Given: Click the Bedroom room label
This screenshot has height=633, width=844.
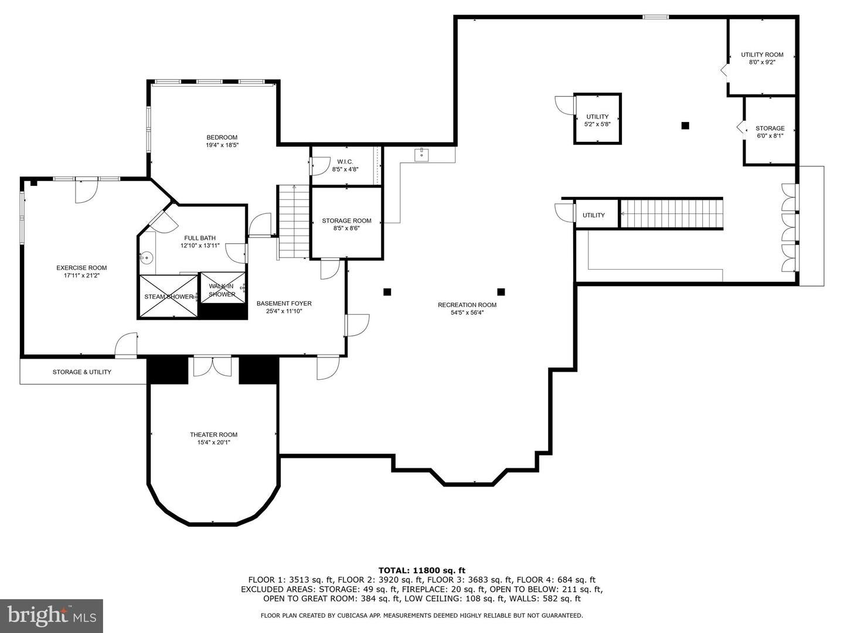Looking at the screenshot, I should pyautogui.click(x=222, y=138).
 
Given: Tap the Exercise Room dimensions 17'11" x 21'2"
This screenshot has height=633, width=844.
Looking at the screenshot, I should pyautogui.click(x=81, y=275).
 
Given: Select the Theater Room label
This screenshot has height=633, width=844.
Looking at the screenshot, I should pyautogui.click(x=213, y=435).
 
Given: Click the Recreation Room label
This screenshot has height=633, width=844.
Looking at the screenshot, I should pyautogui.click(x=467, y=305).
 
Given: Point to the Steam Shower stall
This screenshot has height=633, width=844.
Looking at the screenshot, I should pyautogui.click(x=168, y=297).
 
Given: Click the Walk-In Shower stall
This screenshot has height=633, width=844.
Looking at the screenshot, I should pyautogui.click(x=223, y=288).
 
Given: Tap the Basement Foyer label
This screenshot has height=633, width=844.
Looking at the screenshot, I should pyautogui.click(x=284, y=304).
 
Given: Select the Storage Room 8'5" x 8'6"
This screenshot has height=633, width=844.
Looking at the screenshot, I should pyautogui.click(x=346, y=224).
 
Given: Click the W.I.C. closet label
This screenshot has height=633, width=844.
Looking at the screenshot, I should pyautogui.click(x=345, y=162).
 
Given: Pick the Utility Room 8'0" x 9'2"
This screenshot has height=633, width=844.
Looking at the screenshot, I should pyautogui.click(x=761, y=58).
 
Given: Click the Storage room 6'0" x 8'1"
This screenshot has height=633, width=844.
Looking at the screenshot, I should pyautogui.click(x=770, y=132).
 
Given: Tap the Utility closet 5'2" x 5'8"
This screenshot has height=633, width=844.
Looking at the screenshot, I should pyautogui.click(x=597, y=120).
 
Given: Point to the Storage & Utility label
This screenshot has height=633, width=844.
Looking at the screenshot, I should pyautogui.click(x=82, y=372).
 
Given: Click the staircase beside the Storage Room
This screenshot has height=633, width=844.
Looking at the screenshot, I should pyautogui.click(x=293, y=222).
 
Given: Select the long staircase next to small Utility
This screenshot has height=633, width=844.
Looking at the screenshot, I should pyautogui.click(x=671, y=213).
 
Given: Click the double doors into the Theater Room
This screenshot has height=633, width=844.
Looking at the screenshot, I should pyautogui.click(x=213, y=366).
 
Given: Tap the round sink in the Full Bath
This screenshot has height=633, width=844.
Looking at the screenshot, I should pyautogui.click(x=147, y=257).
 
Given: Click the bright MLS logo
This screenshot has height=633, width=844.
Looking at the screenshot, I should pyautogui.click(x=52, y=615).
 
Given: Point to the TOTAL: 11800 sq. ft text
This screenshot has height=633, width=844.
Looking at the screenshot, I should pyautogui.click(x=421, y=570).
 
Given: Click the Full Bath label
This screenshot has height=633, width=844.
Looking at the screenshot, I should pyautogui.click(x=200, y=238).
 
